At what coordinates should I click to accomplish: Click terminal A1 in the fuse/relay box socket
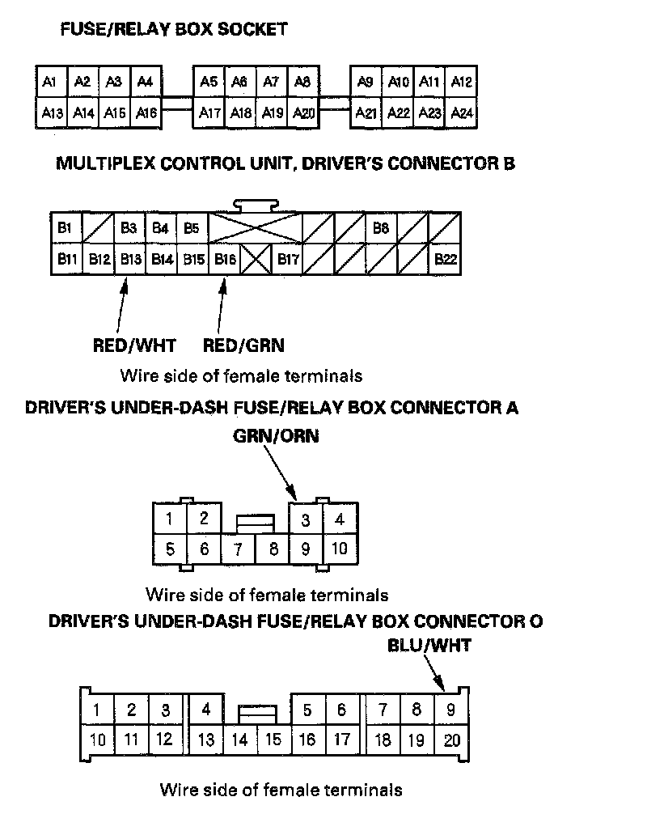pos(49,82)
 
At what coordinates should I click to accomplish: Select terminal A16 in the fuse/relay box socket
pos(146,112)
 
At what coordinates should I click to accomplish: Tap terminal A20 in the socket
pos(303,112)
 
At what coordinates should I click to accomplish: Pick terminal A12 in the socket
pos(462,82)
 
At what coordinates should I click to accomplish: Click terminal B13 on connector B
pos(129,260)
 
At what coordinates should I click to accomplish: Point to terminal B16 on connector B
pos(225,260)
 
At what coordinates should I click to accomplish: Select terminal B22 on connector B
pos(445,260)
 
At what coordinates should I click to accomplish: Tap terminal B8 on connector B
pos(381,228)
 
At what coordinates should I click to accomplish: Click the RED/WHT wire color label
pos(134,345)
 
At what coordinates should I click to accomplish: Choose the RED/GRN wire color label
pos(243,345)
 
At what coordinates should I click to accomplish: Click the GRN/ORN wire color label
pos(276,436)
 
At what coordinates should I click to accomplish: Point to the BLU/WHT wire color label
pos(429,646)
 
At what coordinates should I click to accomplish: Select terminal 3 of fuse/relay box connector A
pos(306,519)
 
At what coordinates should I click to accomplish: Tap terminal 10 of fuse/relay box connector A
pos(340,549)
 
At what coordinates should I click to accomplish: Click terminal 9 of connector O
pos(451,710)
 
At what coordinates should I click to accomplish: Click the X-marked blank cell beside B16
pos(256,260)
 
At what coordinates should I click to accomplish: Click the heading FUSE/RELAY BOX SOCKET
pos(174,30)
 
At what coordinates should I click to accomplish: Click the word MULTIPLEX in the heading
pos(106,163)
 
